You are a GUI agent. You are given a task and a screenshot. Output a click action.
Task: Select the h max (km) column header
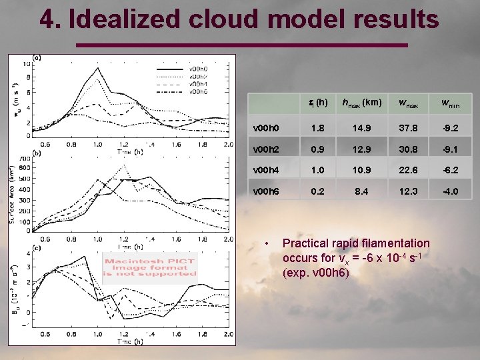(x=361, y=103)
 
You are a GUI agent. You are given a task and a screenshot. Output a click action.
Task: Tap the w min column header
(x=453, y=103)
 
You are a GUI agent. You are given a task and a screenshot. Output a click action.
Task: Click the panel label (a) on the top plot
(x=37, y=57)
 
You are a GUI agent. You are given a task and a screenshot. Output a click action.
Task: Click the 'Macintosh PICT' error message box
(x=150, y=267)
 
